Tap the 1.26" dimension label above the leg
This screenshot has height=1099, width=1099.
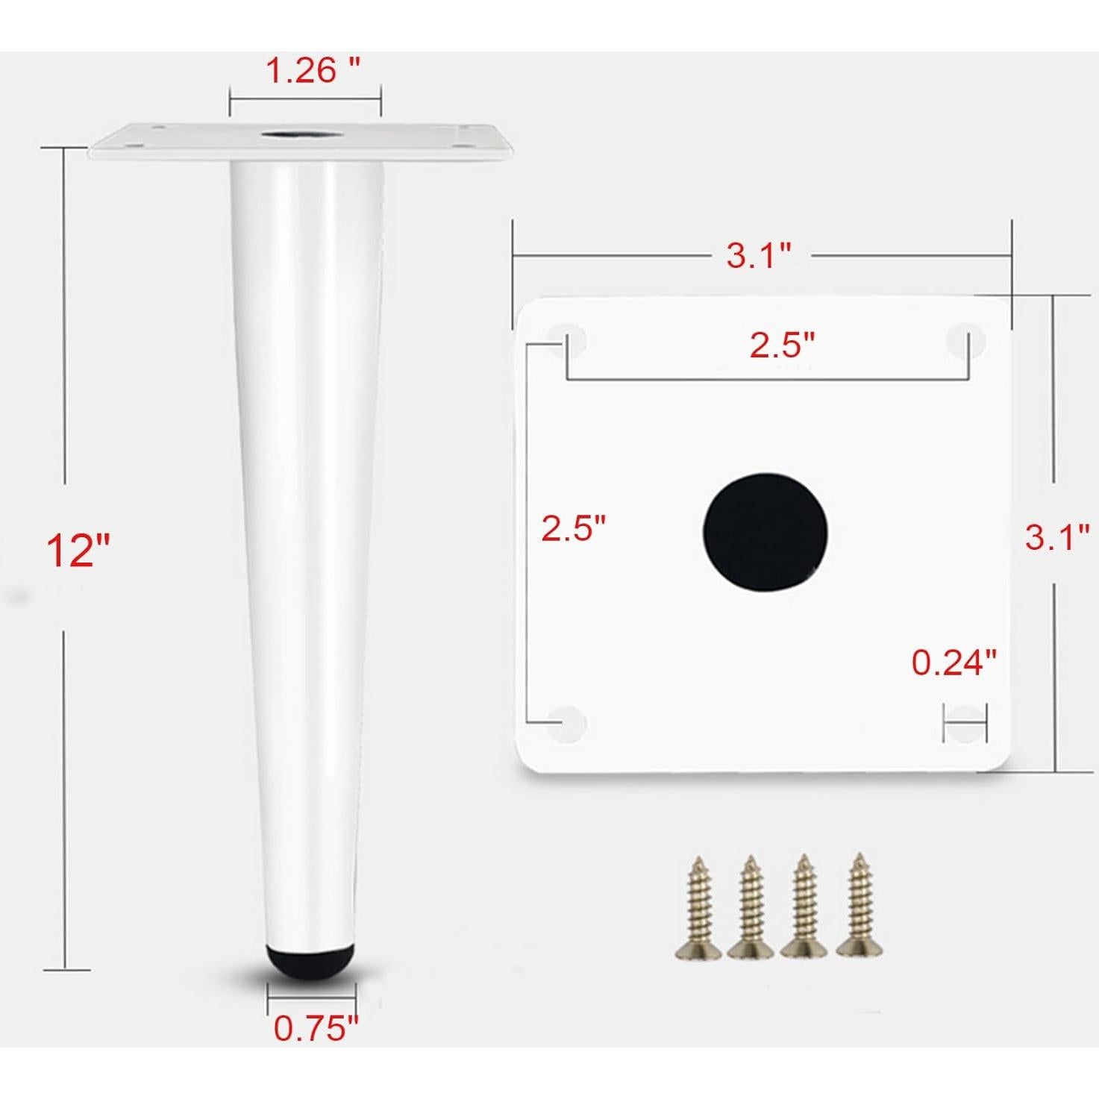313,71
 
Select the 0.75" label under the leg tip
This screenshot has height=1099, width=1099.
316,1028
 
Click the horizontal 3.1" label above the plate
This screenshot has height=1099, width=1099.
759,256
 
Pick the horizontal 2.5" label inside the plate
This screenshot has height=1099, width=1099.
782,345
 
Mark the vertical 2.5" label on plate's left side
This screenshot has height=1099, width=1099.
573,528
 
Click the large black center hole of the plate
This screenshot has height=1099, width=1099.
765,530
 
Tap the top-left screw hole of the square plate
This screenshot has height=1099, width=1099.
568,339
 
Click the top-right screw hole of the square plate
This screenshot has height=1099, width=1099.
965,339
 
